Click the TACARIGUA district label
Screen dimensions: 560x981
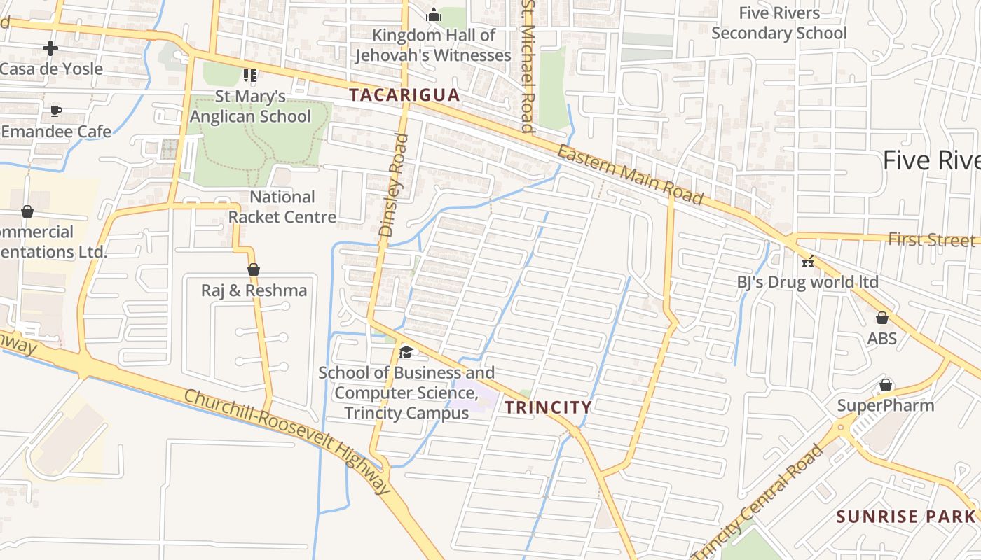pos(404,95)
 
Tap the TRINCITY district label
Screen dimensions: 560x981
pos(549,407)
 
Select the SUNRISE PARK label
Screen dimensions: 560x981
pos(905,517)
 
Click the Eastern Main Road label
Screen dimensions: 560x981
pos(630,175)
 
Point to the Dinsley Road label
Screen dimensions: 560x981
pos(393,185)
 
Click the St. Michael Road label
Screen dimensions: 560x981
pos(528,67)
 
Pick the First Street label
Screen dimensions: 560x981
pos(931,240)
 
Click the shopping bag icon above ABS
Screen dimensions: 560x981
pos(882,318)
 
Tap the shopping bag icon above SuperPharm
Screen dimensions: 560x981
pos(886,385)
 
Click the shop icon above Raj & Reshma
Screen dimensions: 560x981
pos(254,269)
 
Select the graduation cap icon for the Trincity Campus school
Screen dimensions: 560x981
pos(406,351)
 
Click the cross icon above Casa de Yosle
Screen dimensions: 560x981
pos(50,48)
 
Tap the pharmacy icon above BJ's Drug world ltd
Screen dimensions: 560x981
pos(808,262)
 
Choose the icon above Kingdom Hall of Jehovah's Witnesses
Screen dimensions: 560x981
pos(434,14)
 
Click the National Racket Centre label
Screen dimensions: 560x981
pos(282,206)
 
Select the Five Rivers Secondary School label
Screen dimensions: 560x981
pos(779,23)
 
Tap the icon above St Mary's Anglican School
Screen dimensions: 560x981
pos(250,75)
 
